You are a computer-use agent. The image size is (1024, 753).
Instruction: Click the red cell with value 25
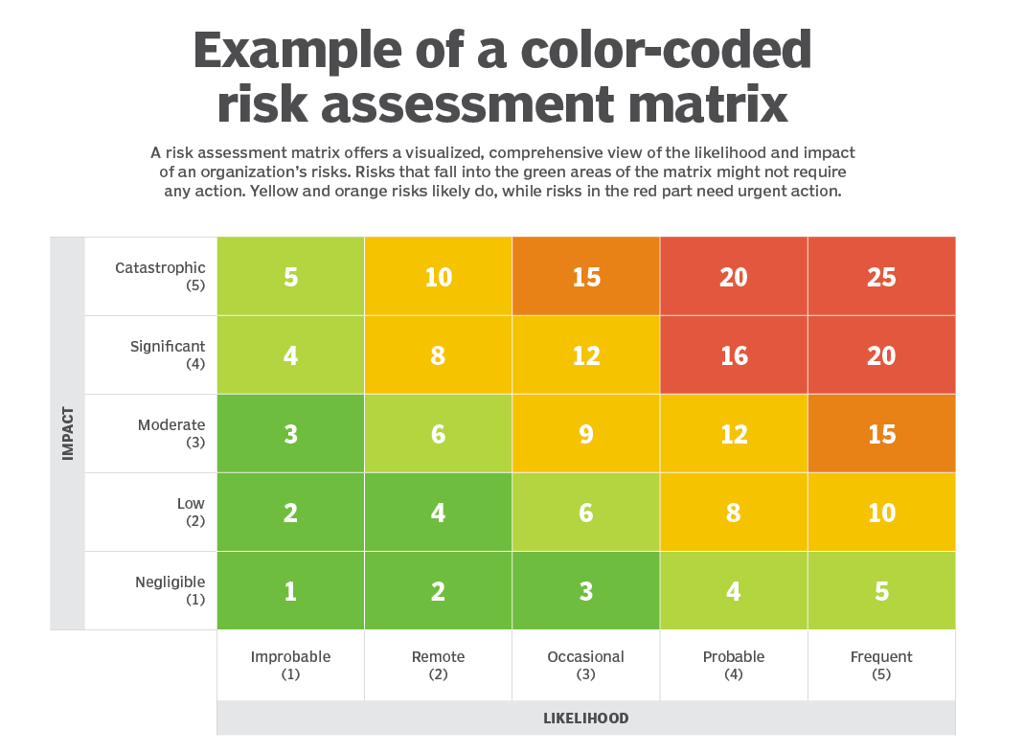[881, 277]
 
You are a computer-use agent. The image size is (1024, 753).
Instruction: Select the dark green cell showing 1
[290, 591]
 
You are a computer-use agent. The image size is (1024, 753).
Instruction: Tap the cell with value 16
[734, 355]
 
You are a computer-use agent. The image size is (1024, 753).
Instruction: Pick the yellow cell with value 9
[586, 434]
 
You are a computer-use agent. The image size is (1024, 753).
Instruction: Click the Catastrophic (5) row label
[160, 276]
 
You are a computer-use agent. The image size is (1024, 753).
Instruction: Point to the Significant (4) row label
[168, 354]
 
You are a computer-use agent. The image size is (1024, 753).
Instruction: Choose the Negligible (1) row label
[170, 590]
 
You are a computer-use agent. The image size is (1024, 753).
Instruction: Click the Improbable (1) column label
[290, 665]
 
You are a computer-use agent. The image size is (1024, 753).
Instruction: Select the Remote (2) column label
[438, 665]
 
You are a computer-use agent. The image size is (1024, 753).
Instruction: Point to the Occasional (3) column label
[585, 665]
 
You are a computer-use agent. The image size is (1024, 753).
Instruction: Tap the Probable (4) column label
[734, 665]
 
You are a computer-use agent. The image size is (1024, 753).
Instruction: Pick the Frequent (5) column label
[881, 665]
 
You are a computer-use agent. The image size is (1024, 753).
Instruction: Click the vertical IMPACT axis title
[67, 434]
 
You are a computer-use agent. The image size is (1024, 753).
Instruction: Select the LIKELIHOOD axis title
[585, 718]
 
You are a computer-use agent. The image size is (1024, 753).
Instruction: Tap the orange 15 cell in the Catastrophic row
[586, 277]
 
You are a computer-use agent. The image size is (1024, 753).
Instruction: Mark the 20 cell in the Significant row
[881, 355]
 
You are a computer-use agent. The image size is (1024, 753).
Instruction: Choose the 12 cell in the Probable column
[734, 434]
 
